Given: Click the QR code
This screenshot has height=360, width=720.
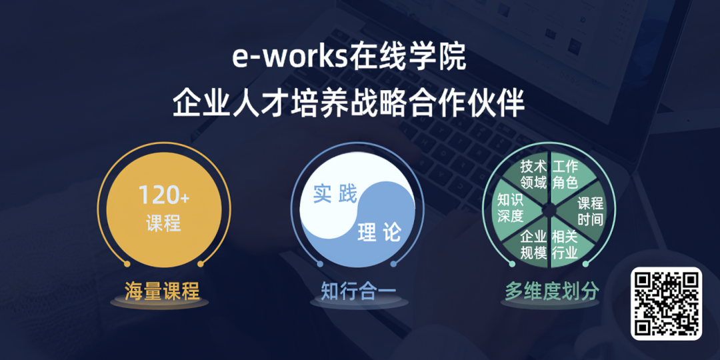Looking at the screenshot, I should pyautogui.click(x=666, y=303).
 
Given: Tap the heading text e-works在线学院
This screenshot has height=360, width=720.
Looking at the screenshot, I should pyautogui.click(x=349, y=57).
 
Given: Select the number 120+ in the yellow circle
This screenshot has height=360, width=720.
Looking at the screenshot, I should pyautogui.click(x=163, y=195).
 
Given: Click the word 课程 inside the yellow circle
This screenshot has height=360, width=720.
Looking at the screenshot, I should pyautogui.click(x=163, y=223).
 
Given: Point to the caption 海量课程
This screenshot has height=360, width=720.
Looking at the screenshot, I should pyautogui.click(x=162, y=291).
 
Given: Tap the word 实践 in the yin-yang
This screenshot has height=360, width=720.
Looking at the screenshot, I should pyautogui.click(x=335, y=195).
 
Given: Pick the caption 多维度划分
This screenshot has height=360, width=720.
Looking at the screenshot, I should pyautogui.click(x=551, y=291).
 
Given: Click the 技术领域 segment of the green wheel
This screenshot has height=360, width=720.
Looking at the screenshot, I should pyautogui.click(x=533, y=174).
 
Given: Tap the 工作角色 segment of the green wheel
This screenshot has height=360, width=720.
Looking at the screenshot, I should pyautogui.click(x=565, y=174).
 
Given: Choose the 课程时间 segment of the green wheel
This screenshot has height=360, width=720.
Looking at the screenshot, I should pyautogui.click(x=589, y=211).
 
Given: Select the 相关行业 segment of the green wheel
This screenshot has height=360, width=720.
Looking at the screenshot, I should pyautogui.click(x=565, y=245).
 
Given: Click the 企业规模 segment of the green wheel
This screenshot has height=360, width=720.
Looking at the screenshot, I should pyautogui.click(x=533, y=245).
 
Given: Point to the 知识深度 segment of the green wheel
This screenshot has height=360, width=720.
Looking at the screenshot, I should pyautogui.click(x=510, y=208).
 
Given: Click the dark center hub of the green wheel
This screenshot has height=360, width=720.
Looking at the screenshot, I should pyautogui.click(x=549, y=209).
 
